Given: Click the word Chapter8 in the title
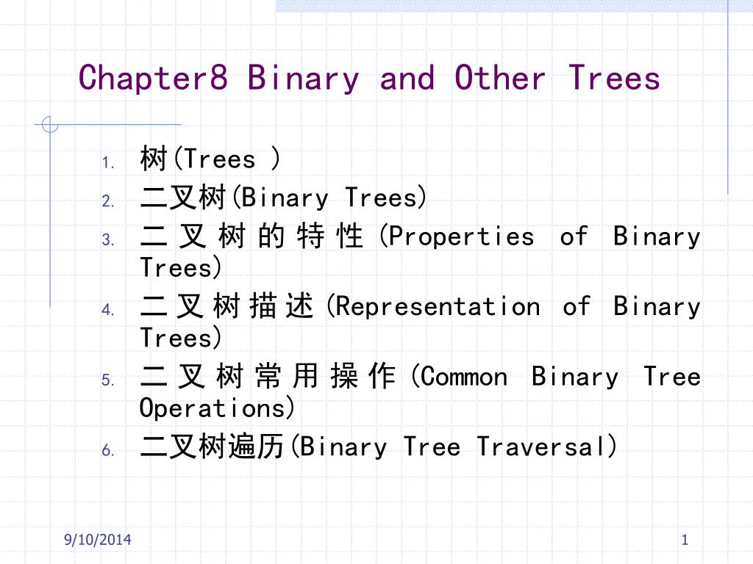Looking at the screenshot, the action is (x=153, y=79).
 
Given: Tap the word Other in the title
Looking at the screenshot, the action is (x=500, y=78).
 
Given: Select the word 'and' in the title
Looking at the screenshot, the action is (x=407, y=78).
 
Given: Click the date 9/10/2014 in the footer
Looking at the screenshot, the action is (x=98, y=540).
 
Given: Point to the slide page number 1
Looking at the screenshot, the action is (x=685, y=540).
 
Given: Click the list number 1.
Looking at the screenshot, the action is (x=108, y=162).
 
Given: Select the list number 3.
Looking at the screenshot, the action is (x=108, y=239).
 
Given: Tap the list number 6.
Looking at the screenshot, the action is (x=108, y=450).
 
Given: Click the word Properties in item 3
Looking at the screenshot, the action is (x=461, y=237).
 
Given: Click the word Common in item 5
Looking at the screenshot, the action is (x=464, y=377).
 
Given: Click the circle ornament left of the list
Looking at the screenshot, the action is (x=49, y=124).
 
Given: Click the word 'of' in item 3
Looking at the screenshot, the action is (x=574, y=236).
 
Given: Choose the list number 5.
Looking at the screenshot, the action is (x=108, y=380).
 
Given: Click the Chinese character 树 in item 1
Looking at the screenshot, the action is (x=154, y=159).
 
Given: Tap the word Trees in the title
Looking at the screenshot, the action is (x=614, y=78).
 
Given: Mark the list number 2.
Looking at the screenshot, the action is (x=108, y=200).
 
